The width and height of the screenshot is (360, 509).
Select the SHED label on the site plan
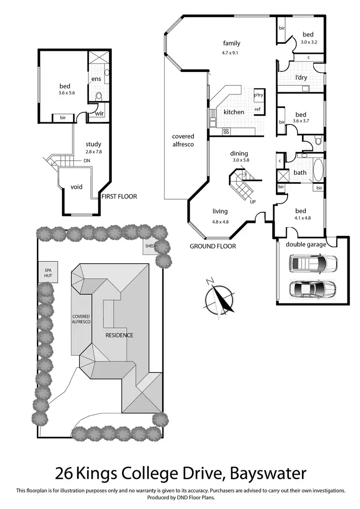pyautogui.click(x=150, y=246)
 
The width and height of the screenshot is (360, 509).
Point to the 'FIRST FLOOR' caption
pyautogui.click(x=119, y=196)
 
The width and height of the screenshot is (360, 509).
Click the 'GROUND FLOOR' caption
pyautogui.click(x=213, y=246)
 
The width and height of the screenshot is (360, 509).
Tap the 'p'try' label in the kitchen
pyautogui.click(x=259, y=95)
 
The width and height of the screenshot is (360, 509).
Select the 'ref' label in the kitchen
pyautogui.click(x=257, y=109)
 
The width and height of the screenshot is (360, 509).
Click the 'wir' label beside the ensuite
pyautogui.click(x=99, y=113)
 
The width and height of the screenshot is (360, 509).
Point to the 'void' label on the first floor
pyautogui.click(x=77, y=187)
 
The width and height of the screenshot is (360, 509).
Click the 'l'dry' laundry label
pyautogui.click(x=301, y=77)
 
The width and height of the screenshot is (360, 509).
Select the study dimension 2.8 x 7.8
pyautogui.click(x=94, y=152)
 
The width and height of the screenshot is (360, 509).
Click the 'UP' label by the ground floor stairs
pyautogui.click(x=252, y=201)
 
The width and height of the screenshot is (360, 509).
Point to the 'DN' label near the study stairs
pyautogui.click(x=87, y=160)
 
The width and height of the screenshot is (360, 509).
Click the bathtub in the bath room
pyautogui.click(x=317, y=169)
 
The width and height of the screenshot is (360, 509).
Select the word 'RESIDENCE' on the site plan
pyautogui.click(x=119, y=335)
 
